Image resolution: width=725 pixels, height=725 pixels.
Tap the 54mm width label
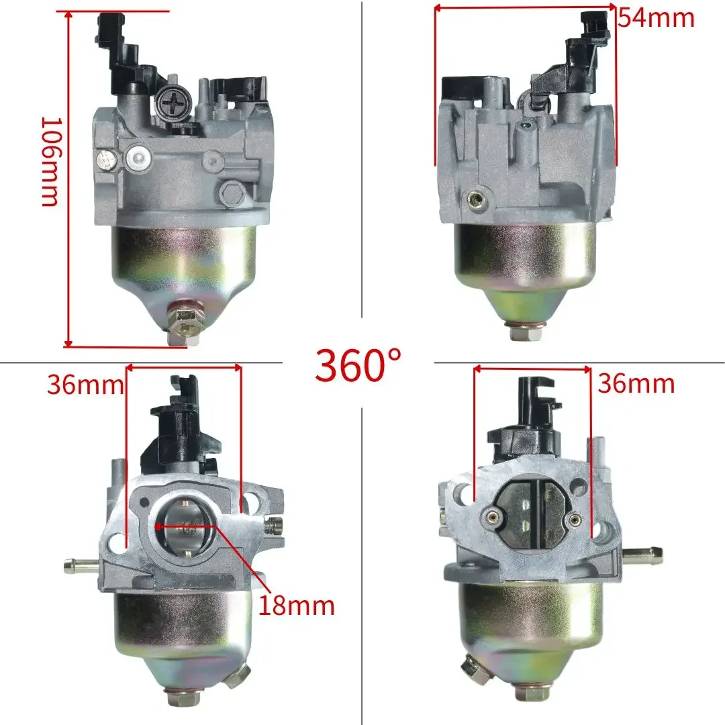coord(657,19)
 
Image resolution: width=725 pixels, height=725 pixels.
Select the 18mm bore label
coord(297,606)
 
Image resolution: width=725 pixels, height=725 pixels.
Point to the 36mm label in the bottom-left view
coord(85,385)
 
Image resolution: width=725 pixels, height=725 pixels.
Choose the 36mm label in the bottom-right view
coord(636,384)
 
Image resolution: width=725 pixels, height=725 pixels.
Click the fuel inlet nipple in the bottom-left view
coord(81,565)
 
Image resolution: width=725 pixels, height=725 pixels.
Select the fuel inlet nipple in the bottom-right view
coord(642,554)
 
